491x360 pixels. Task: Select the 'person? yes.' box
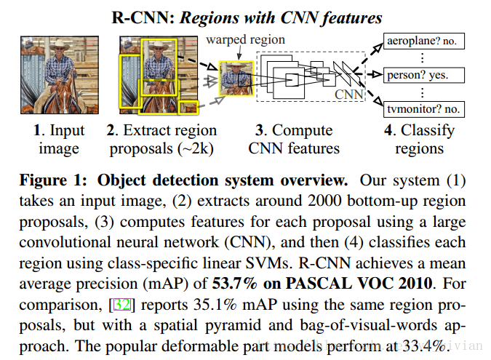pyautogui.click(x=418, y=75)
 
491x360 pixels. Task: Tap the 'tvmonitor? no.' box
pyautogui.click(x=421, y=108)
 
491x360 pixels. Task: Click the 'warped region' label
pyautogui.click(x=246, y=39)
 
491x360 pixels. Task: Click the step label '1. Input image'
pyautogui.click(x=60, y=139)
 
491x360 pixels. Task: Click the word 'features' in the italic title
pyautogui.click(x=346, y=16)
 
